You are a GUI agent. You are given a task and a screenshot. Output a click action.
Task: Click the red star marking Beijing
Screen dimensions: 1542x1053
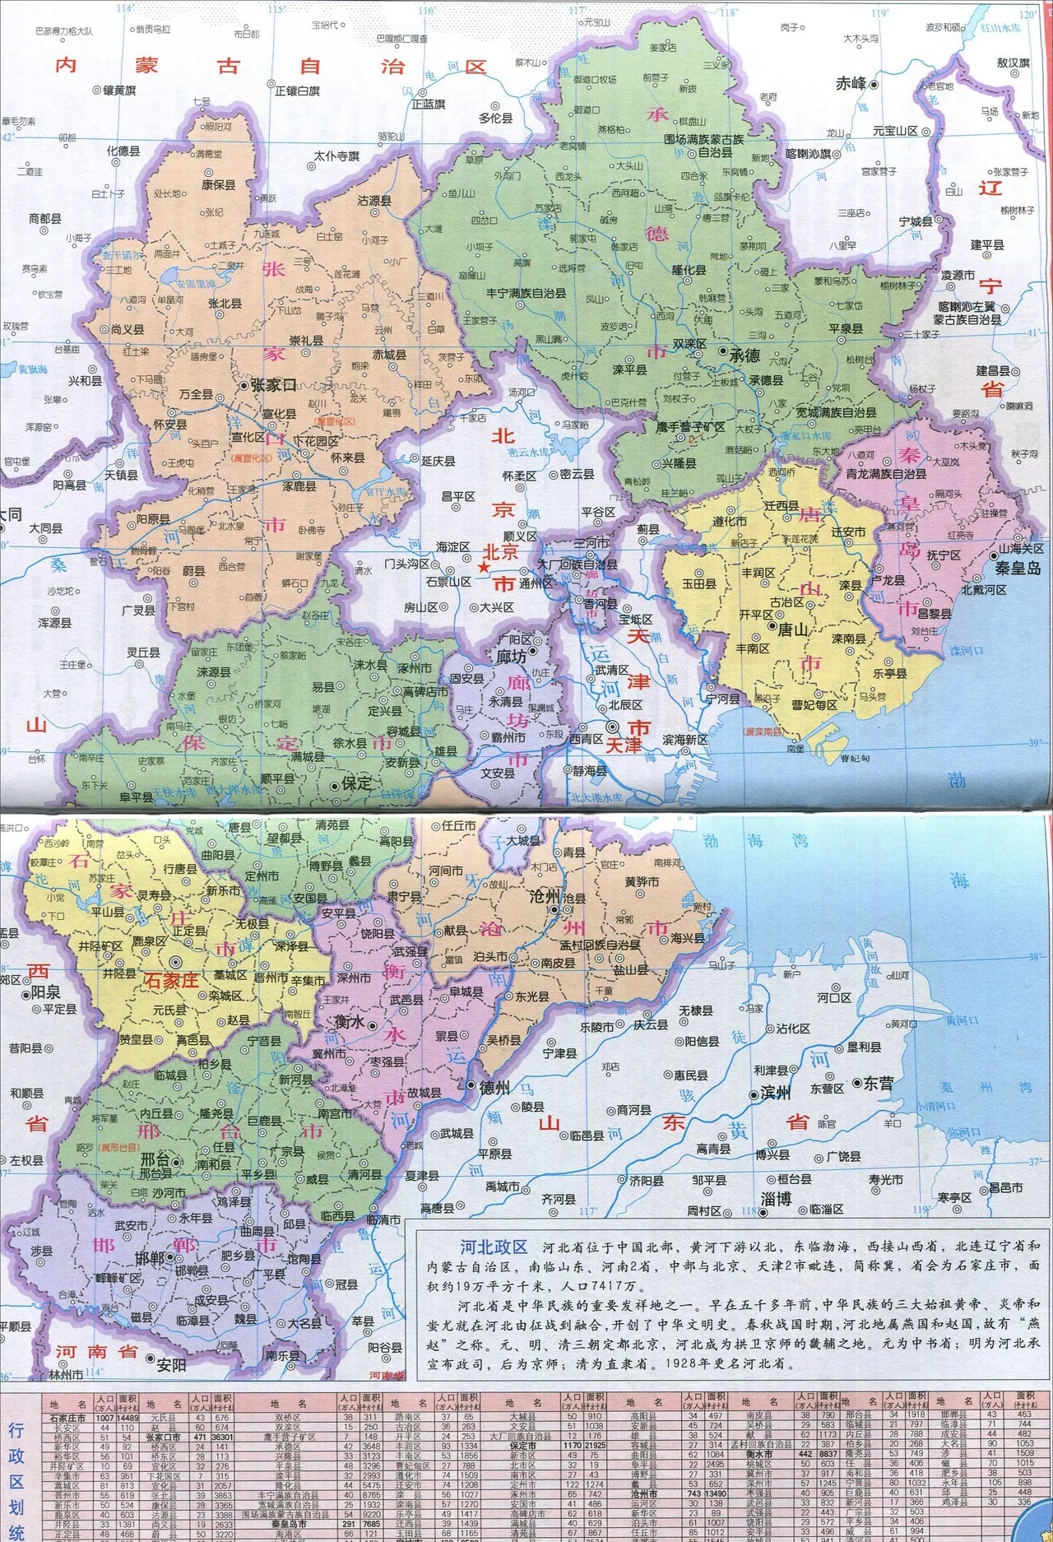485,569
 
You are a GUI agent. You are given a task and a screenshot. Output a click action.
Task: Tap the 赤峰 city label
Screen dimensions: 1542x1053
851,84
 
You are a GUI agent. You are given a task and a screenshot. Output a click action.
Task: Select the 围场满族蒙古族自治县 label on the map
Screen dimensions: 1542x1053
704,146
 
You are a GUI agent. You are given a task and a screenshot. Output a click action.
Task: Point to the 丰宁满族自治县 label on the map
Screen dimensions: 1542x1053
526,293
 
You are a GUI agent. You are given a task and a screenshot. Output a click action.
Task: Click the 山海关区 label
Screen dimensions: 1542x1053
1020,549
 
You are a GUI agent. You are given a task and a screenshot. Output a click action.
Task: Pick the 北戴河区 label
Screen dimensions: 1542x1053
984,590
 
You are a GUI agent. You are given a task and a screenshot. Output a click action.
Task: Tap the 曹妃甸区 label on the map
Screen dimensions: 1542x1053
814,705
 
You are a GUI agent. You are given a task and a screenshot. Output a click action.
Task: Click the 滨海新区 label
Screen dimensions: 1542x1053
685,740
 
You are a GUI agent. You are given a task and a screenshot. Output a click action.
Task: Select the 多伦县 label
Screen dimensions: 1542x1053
495,118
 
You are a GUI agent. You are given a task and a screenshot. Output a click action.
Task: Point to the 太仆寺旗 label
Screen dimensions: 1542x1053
336,156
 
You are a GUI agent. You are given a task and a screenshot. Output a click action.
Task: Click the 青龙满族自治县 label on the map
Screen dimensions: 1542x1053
886,474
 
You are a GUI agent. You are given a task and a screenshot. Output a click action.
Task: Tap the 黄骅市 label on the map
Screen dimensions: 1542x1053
642,881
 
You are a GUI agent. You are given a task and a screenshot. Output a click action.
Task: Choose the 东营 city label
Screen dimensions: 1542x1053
879,1084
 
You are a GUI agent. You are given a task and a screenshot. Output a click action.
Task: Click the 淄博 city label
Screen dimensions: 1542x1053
776,1199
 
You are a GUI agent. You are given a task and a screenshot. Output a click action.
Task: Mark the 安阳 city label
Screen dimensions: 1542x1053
171,1364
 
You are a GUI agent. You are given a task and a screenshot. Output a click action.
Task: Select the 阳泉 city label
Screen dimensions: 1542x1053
45,992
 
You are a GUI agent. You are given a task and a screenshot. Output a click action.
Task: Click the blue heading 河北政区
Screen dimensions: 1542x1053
494,1247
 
